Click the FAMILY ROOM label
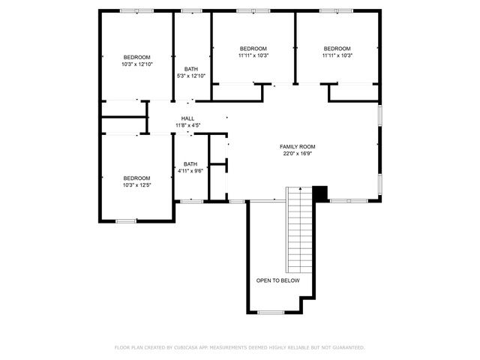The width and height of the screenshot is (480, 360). (x=298, y=146)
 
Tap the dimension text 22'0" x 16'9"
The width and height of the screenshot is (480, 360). (x=298, y=154)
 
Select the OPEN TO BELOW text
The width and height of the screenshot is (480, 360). (x=277, y=280)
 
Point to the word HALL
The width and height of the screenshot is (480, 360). (x=187, y=118)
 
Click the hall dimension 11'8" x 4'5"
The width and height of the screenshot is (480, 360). (x=187, y=125)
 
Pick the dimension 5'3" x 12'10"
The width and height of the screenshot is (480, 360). (x=190, y=76)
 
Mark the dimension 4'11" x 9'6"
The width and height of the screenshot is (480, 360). (x=190, y=171)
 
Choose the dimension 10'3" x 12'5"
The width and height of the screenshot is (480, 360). (x=137, y=184)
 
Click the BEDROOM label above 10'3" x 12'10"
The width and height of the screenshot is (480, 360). (x=137, y=58)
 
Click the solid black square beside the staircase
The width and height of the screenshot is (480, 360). (x=320, y=193)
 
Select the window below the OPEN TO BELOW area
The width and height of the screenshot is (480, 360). (x=271, y=312)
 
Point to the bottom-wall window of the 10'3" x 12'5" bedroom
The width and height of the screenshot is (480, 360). (x=126, y=220)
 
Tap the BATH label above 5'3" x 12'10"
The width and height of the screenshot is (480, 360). (x=190, y=69)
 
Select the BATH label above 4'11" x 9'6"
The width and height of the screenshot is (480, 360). (x=190, y=164)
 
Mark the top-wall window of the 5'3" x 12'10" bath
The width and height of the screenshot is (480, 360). (x=191, y=11)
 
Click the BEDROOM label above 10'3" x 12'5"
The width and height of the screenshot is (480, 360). (x=137, y=178)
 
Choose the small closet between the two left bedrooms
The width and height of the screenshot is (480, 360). (x=124, y=125)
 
